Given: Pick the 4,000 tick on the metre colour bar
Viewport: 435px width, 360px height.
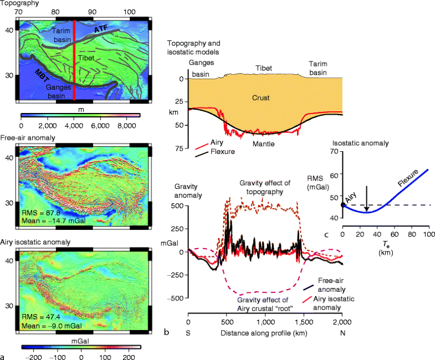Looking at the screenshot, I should (73, 126).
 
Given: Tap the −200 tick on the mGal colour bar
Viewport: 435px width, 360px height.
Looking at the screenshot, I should (34, 357).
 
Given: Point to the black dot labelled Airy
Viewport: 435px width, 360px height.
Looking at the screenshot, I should (343, 204).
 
